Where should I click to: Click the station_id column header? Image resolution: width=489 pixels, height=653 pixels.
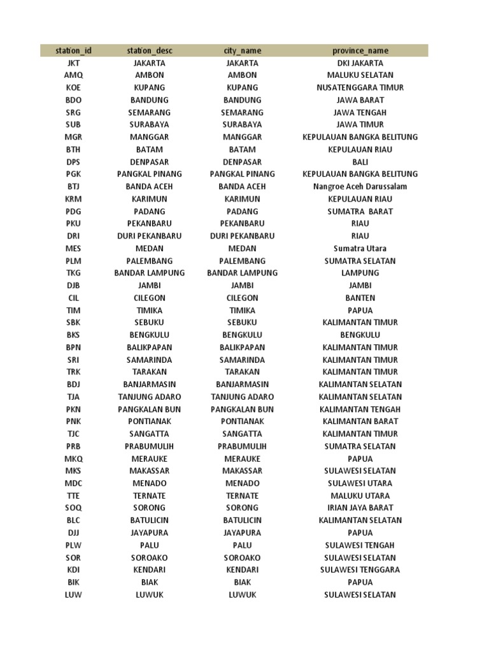click(x=73, y=50)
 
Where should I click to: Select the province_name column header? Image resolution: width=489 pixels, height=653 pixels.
click(x=360, y=50)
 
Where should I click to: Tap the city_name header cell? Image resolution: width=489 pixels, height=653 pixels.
click(x=242, y=50)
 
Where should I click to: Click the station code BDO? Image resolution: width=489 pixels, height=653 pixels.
click(x=73, y=100)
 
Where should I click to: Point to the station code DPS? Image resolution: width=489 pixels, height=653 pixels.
click(x=73, y=162)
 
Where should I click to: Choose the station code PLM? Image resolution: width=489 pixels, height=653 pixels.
click(x=73, y=261)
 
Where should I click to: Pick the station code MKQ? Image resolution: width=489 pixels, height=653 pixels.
click(x=73, y=459)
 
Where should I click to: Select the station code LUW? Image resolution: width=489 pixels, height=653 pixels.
click(x=73, y=595)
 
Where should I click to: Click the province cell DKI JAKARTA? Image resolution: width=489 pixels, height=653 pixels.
click(x=360, y=63)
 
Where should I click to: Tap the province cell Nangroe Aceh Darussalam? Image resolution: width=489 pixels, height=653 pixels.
click(x=360, y=187)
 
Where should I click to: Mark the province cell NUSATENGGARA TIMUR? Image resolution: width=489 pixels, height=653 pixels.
click(x=360, y=87)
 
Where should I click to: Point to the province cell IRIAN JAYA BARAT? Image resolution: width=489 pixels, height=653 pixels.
click(x=360, y=508)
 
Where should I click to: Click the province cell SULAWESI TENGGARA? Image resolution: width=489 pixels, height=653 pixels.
click(x=360, y=570)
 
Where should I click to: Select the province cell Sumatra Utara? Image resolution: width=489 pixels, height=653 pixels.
click(x=360, y=249)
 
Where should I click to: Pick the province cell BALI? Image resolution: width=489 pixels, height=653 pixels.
click(x=360, y=162)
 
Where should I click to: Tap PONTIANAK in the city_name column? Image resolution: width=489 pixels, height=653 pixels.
click(x=242, y=422)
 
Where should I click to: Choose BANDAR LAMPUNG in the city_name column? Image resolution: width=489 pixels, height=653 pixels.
click(x=242, y=273)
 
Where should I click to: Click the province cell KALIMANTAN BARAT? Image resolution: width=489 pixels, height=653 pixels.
click(x=360, y=422)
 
